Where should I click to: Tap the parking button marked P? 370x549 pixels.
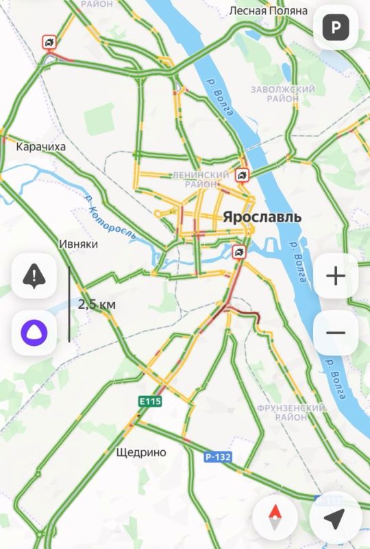336,27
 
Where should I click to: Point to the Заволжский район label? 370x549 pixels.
283,94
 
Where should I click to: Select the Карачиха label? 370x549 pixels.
40,146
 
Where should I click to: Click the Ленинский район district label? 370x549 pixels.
201,180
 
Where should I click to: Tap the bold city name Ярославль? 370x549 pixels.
262,216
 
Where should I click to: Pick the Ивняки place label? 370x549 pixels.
79,244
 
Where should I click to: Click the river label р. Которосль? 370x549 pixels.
110,217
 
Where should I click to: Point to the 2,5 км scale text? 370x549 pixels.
96,303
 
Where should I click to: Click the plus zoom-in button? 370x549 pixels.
336,276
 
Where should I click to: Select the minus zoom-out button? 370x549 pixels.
336,333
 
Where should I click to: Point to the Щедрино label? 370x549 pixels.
142,452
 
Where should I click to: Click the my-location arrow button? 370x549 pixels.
334,519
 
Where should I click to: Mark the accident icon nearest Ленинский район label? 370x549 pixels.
242,176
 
